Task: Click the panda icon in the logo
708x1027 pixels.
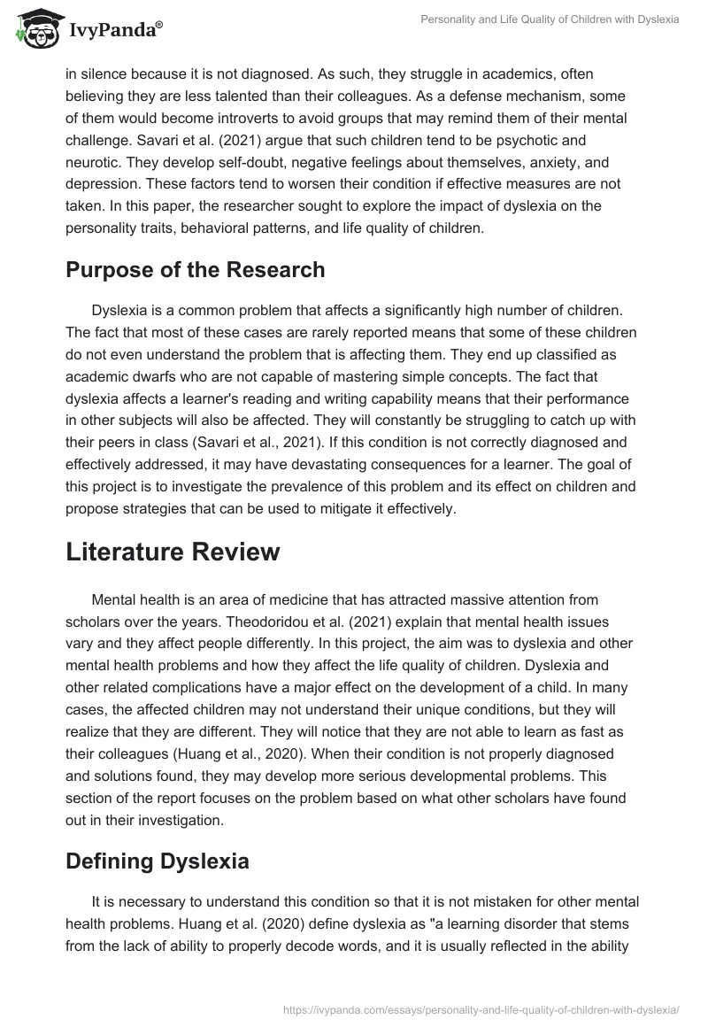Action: click(35, 29)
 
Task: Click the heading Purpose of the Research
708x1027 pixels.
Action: click(195, 270)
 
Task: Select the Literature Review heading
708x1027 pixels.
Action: click(173, 551)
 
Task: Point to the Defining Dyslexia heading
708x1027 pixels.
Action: click(157, 860)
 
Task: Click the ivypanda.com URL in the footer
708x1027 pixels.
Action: click(481, 1008)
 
